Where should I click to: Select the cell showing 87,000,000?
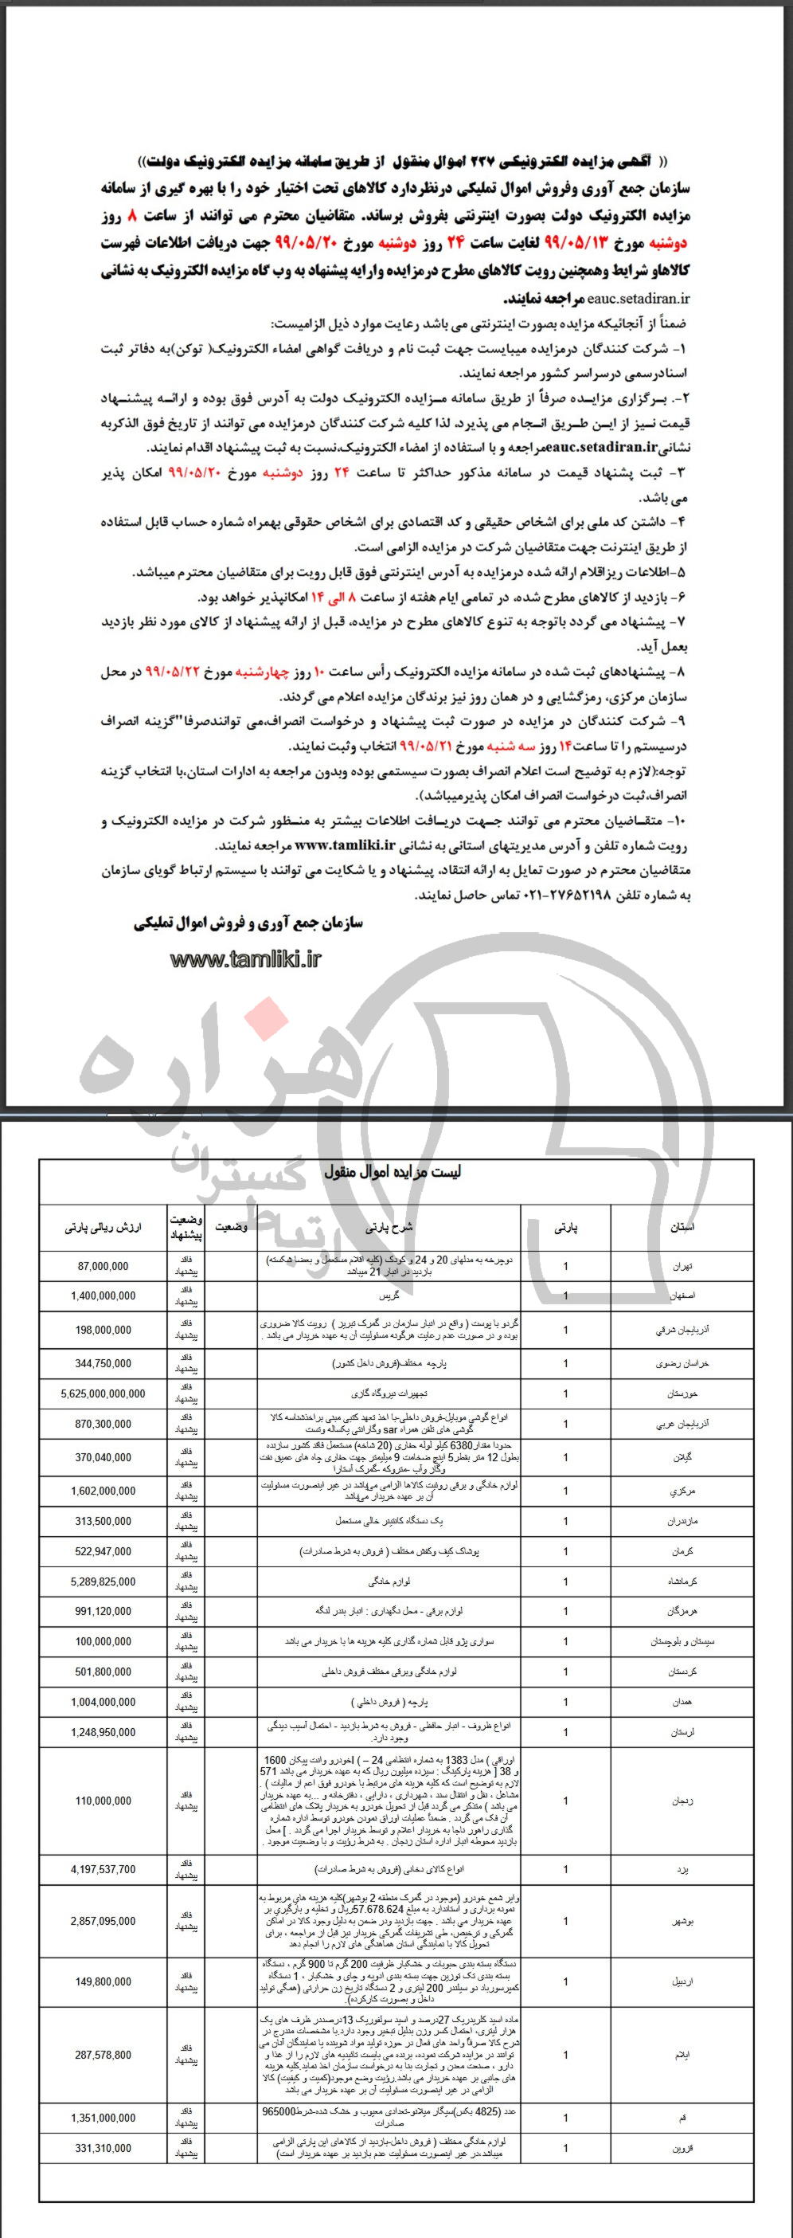pos(103,1267)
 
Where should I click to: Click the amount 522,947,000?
pos(103,1550)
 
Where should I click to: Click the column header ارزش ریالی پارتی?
pos(103,1229)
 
